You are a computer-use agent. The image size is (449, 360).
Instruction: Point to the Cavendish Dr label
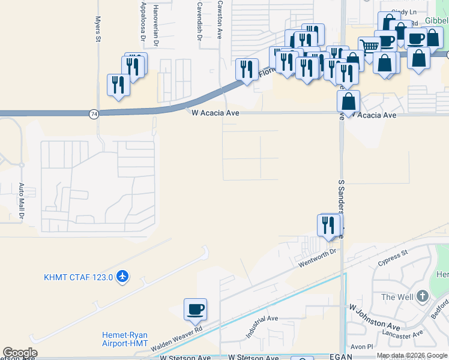199,19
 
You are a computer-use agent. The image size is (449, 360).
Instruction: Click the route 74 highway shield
93,113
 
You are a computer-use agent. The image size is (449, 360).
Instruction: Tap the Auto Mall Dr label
21,200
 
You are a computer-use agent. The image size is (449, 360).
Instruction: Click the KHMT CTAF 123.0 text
79,277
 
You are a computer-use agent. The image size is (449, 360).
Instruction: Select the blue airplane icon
123,277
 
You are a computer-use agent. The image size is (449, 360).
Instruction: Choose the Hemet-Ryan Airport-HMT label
124,340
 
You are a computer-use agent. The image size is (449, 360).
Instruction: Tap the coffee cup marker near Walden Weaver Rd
195,310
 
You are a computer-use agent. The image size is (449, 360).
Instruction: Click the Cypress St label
393,257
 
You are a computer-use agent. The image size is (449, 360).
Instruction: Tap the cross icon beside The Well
423,296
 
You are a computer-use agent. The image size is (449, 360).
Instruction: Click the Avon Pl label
362,347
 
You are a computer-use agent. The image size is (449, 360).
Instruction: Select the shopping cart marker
369,46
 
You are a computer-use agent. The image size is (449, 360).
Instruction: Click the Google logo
20,353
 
